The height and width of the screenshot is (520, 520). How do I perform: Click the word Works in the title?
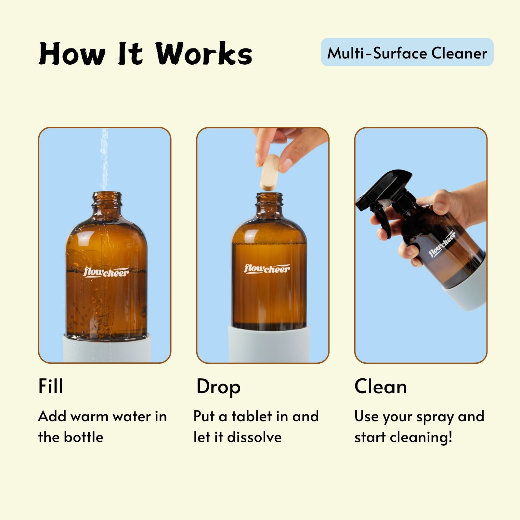pyautogui.click(x=204, y=54)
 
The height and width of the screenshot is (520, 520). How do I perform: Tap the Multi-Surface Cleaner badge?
pyautogui.click(x=407, y=52)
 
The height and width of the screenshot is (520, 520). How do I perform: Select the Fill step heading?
pyautogui.click(x=51, y=386)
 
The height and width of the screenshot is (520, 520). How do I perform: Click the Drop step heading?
pyautogui.click(x=218, y=387)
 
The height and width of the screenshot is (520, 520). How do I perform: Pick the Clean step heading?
pyautogui.click(x=381, y=387)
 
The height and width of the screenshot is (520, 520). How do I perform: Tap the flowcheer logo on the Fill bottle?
pyautogui.click(x=106, y=272)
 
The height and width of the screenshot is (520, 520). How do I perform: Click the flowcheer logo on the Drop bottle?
pyautogui.click(x=267, y=268)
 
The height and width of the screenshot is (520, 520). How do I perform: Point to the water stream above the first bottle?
pyautogui.click(x=104, y=159)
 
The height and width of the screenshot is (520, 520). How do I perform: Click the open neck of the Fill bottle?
pyautogui.click(x=107, y=201)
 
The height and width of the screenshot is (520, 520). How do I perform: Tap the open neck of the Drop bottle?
pyautogui.click(x=269, y=201)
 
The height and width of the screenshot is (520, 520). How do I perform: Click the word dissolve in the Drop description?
pyautogui.click(x=254, y=437)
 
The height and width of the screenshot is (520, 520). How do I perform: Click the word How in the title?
pyautogui.click(x=72, y=54)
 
